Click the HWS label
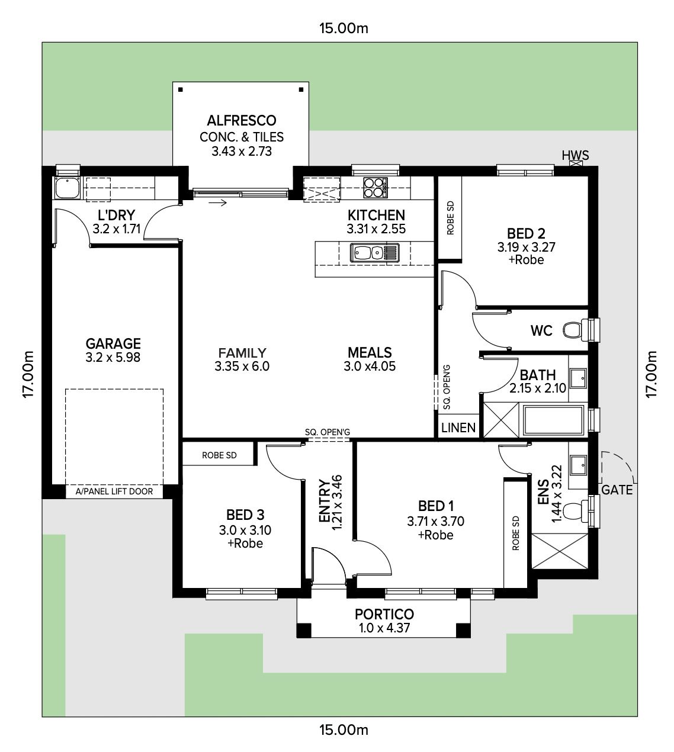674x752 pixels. click(575, 155)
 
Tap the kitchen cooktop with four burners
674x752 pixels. click(375, 188)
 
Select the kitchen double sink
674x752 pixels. click(374, 253)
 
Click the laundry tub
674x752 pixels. click(67, 188)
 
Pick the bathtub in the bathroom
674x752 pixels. click(553, 420)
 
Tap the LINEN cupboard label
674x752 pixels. click(458, 428)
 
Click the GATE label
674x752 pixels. click(617, 490)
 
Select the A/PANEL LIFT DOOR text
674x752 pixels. click(114, 491)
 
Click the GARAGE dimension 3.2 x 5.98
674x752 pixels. click(113, 357)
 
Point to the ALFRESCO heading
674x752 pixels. click(242, 121)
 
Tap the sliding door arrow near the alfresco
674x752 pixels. click(218, 203)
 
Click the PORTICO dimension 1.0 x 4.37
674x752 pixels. click(384, 628)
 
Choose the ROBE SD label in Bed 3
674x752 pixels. click(219, 455)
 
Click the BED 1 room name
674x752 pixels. click(435, 506)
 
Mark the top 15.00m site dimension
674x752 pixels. click(344, 28)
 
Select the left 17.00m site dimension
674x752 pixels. click(28, 374)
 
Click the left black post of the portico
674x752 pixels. click(304, 630)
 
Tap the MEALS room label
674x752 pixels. click(370, 352)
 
